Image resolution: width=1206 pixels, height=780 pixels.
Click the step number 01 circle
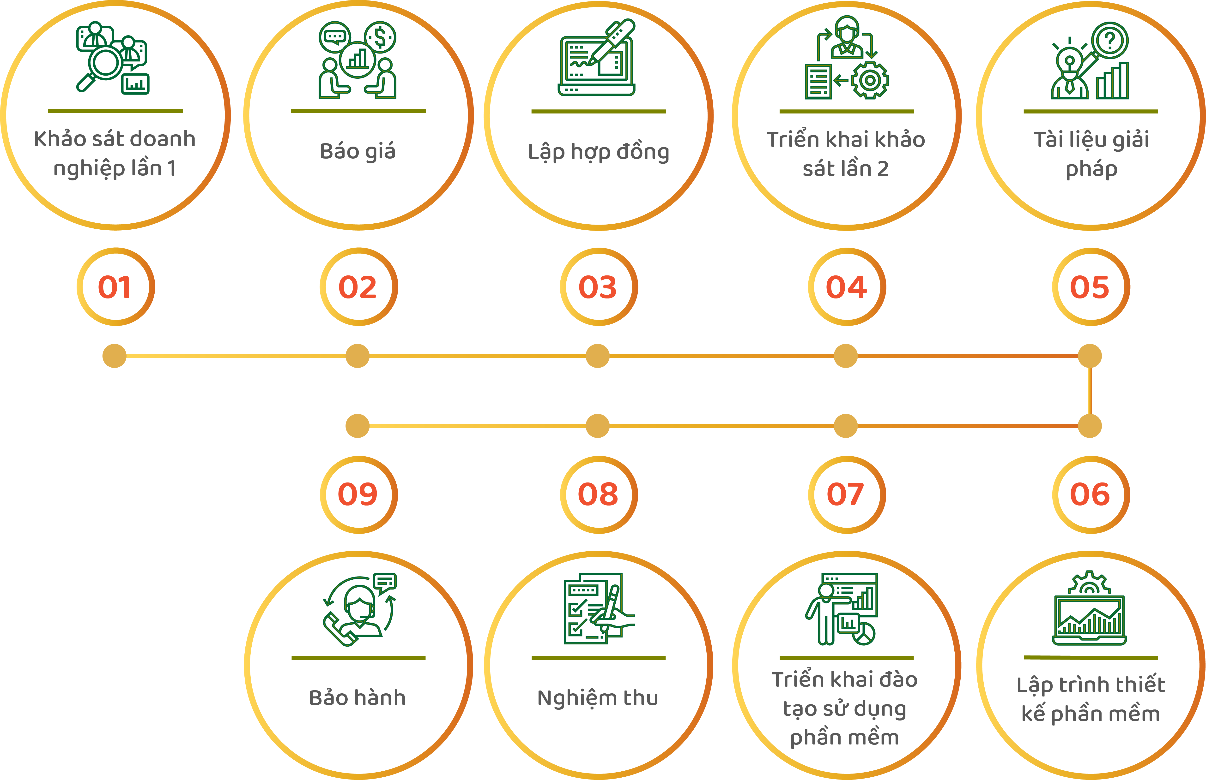115,287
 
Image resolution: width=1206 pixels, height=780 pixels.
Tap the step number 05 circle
1091,287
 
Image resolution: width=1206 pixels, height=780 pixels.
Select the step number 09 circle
358,494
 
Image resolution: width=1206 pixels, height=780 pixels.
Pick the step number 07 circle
846,494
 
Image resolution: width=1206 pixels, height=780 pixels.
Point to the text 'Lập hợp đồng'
599,152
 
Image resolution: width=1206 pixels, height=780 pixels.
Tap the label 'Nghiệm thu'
598,698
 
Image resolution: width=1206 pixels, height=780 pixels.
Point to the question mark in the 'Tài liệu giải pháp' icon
1110,39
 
